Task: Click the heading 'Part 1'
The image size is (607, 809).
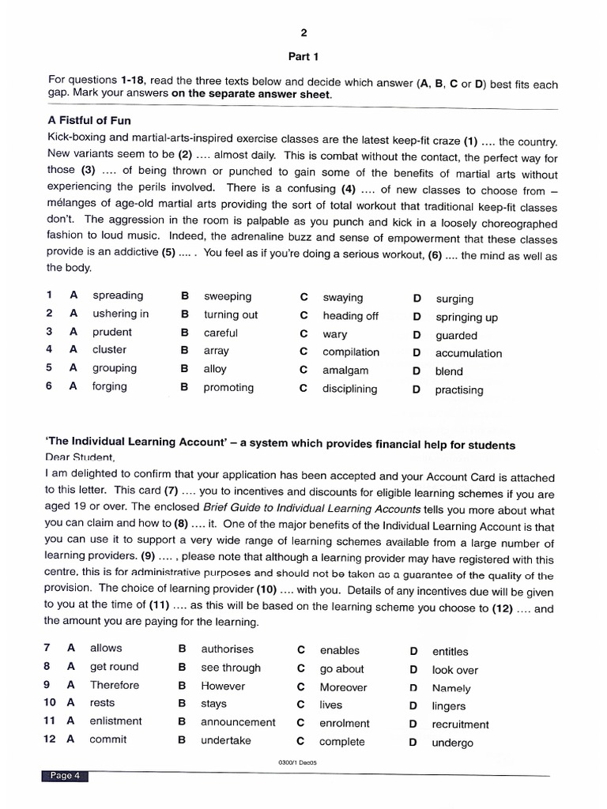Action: (x=303, y=57)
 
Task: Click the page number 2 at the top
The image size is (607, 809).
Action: (x=303, y=32)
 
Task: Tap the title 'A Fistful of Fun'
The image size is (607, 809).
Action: (x=89, y=121)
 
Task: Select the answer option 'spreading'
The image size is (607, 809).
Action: (x=118, y=295)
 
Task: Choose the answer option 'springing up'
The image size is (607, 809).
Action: (x=466, y=318)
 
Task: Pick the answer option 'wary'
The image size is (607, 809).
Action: (x=335, y=333)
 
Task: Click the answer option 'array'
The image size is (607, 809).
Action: (x=216, y=351)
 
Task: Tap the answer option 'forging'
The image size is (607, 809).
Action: (x=109, y=386)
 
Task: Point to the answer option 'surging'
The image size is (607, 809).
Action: (x=454, y=299)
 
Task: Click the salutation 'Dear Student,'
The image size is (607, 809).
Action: (x=80, y=457)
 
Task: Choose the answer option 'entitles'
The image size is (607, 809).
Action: (x=450, y=652)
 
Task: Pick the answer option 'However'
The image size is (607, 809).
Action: (x=223, y=686)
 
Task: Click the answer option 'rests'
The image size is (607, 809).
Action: (x=102, y=702)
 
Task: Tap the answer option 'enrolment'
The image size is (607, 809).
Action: (x=344, y=723)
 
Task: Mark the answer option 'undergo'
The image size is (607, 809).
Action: (x=452, y=743)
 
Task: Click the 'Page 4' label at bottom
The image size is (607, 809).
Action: (x=66, y=776)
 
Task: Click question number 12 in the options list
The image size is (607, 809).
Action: (x=50, y=739)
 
